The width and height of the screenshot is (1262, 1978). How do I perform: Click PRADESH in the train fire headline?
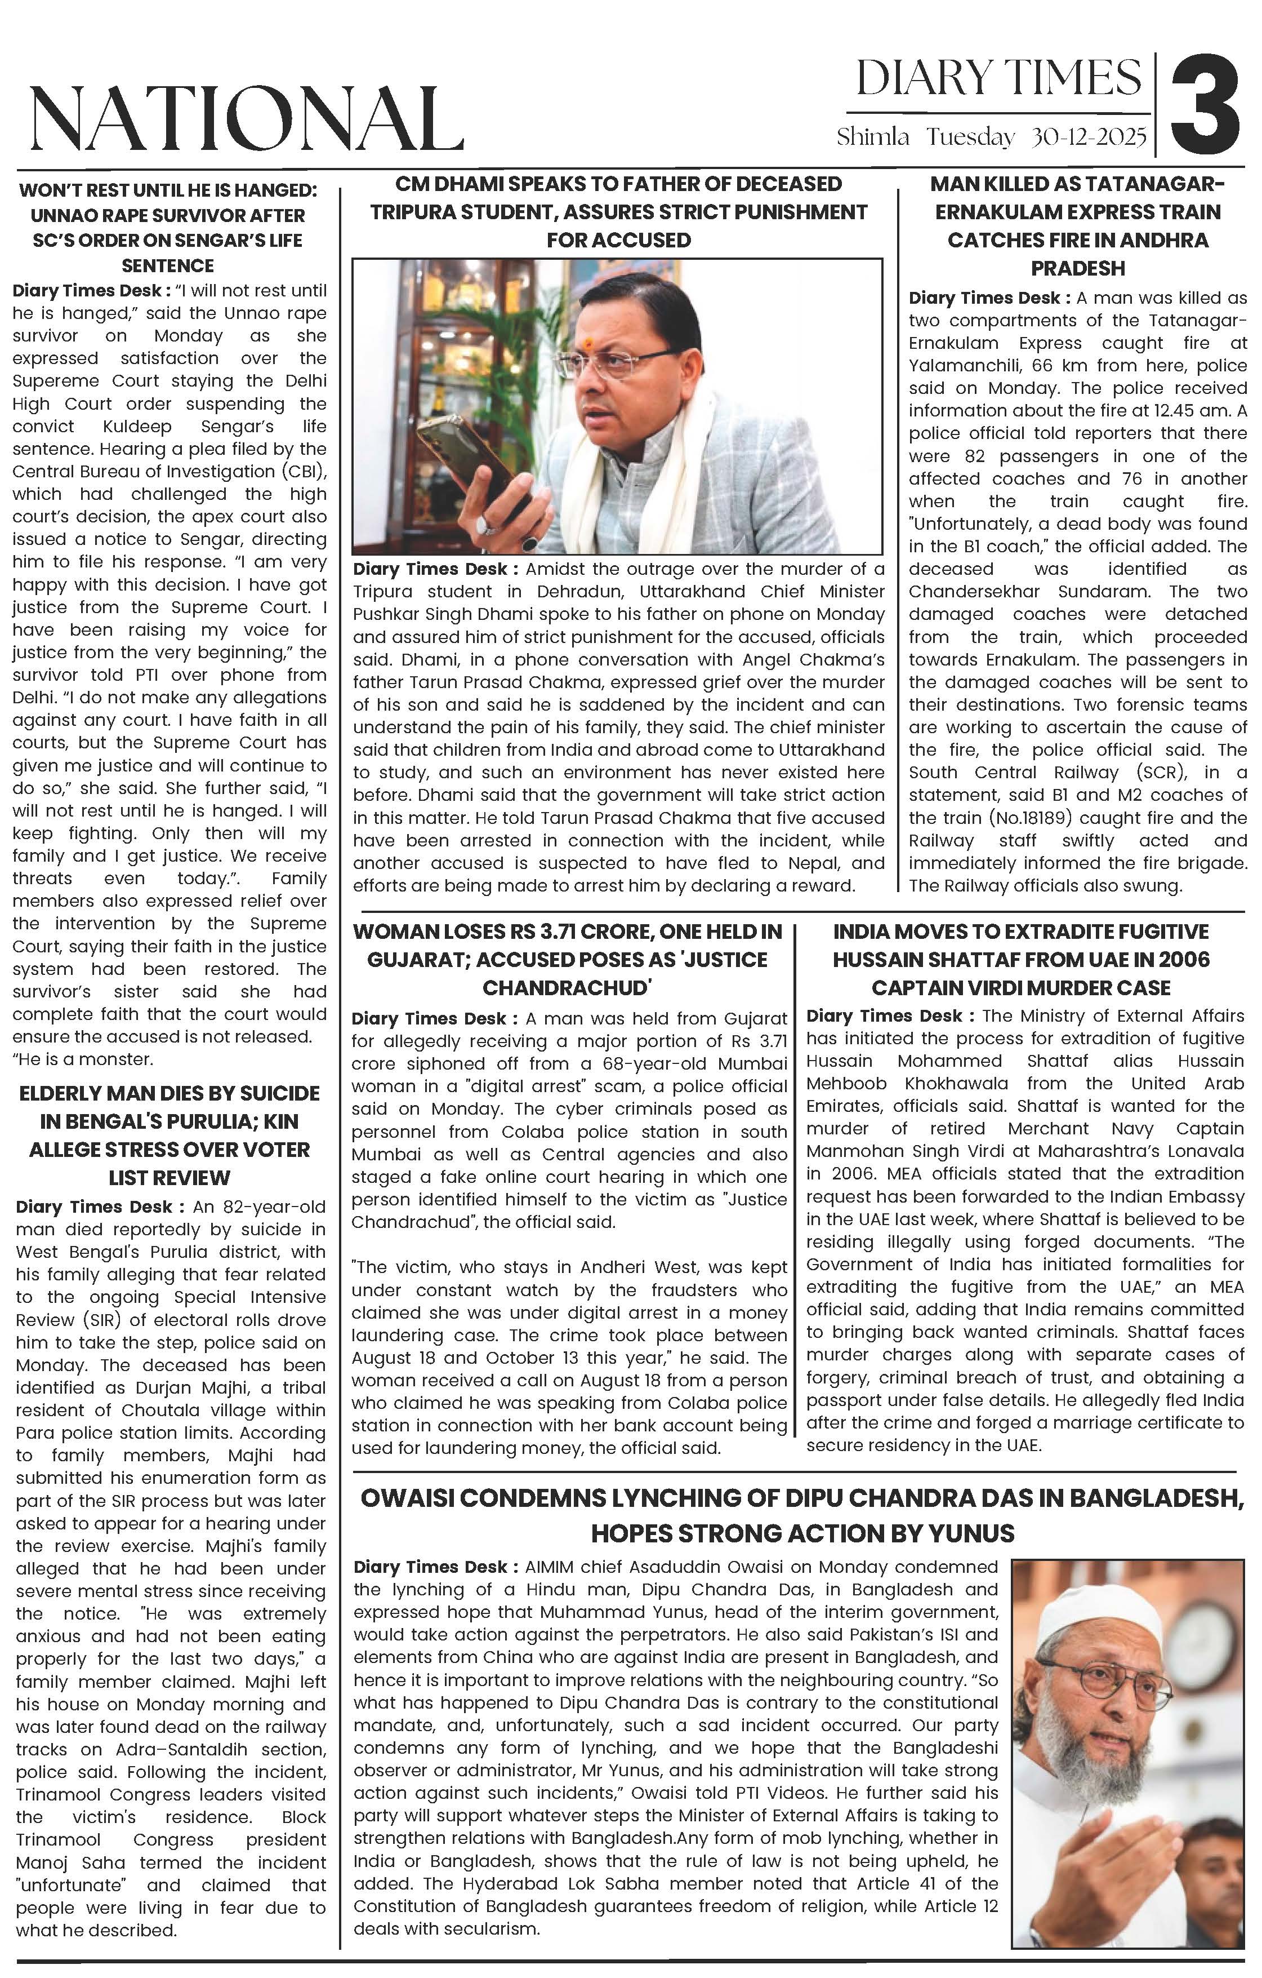coord(1077,268)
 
